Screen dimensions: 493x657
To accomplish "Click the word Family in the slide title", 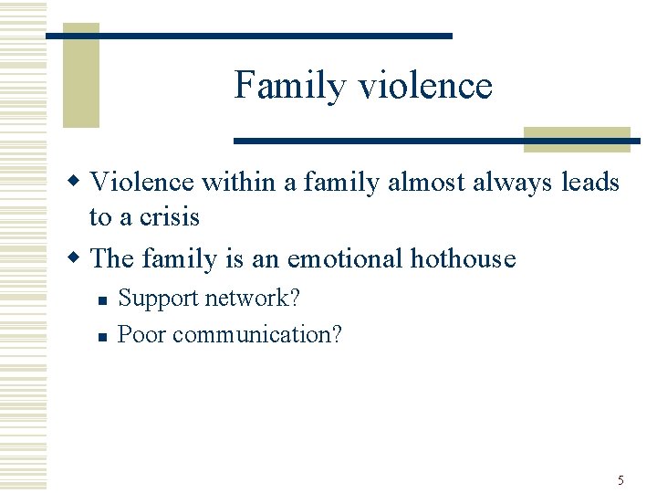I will (291, 86).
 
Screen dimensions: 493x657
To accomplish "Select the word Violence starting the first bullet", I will (142, 183).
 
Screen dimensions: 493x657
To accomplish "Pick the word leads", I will (589, 183).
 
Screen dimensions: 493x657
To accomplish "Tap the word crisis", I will (168, 217).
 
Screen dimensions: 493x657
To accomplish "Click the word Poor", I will (142, 334).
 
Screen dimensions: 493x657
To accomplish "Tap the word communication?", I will (257, 335).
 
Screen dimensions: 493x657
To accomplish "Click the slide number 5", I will (620, 480).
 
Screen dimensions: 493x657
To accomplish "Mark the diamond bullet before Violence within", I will (79, 180).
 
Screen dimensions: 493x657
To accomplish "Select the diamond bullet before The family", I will (79, 257).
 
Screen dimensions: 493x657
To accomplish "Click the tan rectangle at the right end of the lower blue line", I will (577, 139).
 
